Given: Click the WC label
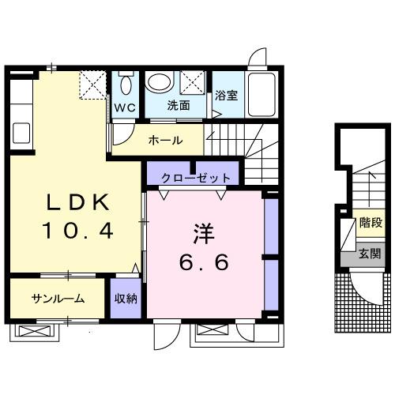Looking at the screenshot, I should pyautogui.click(x=125, y=107).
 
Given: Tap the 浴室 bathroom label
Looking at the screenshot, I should pyautogui.click(x=226, y=96).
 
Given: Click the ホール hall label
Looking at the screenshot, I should pyautogui.click(x=166, y=141).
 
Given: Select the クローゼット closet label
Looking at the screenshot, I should pyautogui.click(x=191, y=177).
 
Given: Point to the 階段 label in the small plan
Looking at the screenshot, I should pyautogui.click(x=369, y=224).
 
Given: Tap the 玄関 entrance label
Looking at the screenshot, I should pyautogui.click(x=369, y=254).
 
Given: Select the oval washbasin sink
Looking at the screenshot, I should pyautogui.click(x=160, y=83).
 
